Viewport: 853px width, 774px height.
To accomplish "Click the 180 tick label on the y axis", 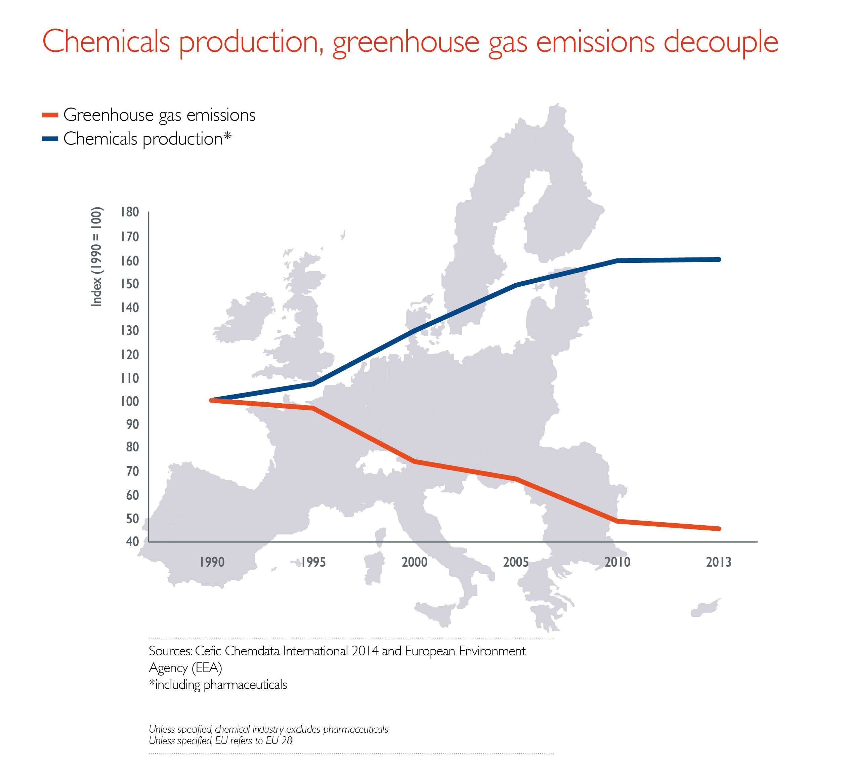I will [129, 212].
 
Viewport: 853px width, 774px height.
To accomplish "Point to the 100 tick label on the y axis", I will [129, 401].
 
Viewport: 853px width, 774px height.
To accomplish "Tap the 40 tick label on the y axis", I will [132, 541].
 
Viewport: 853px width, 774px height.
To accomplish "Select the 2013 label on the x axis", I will [719, 562].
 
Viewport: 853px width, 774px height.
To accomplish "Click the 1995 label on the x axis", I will [313, 562].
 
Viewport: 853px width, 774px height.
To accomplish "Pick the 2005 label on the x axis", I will [516, 562].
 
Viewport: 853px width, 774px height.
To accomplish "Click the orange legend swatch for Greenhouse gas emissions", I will [50, 115].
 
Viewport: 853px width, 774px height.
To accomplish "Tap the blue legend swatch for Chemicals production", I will [50, 139].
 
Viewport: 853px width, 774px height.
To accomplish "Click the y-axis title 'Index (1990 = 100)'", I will [96, 257].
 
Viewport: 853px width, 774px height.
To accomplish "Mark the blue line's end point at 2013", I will [719, 259].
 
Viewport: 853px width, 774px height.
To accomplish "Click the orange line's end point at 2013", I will [719, 529].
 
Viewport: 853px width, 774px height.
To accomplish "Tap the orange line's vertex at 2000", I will [415, 461].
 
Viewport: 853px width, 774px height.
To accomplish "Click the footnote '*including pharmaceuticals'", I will [218, 685].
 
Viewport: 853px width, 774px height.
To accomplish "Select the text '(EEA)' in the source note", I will [207, 668].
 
